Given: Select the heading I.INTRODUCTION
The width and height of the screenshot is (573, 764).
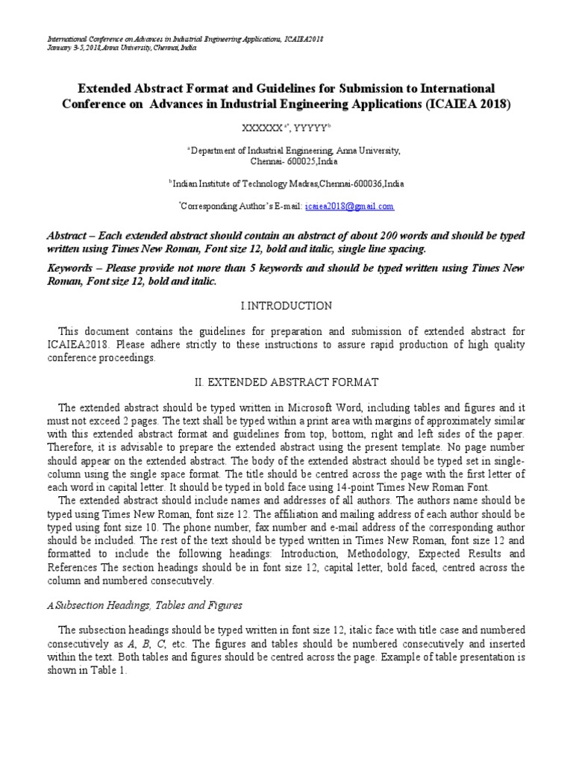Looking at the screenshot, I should click(x=286, y=306).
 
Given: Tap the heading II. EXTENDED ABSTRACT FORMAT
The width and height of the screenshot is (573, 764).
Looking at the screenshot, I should click(x=286, y=382).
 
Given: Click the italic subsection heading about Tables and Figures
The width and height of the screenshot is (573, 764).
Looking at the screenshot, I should click(x=150, y=605).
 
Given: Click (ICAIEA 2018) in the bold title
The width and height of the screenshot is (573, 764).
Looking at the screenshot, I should click(x=469, y=104).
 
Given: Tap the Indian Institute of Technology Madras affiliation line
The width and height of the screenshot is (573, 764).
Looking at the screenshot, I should click(x=288, y=183).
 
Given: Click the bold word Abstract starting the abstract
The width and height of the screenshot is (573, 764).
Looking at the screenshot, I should click(x=66, y=234).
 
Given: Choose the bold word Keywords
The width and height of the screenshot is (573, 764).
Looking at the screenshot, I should click(x=69, y=268).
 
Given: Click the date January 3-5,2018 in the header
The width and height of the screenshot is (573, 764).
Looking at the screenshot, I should click(x=77, y=47).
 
